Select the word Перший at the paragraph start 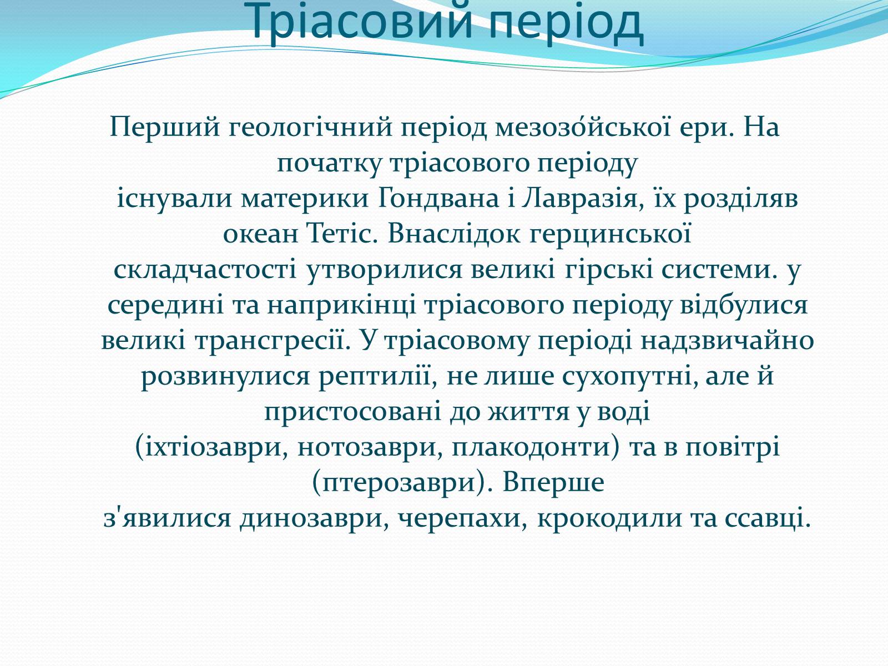[x=165, y=127]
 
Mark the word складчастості [x=205, y=270]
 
